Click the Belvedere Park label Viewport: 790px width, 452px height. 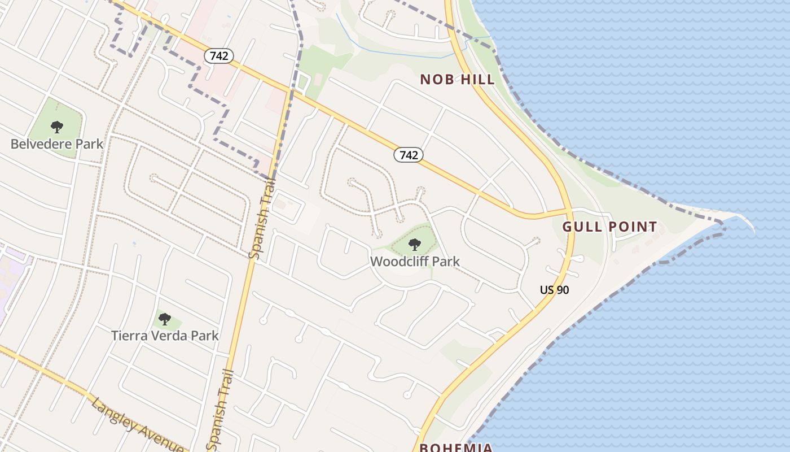pos(57,144)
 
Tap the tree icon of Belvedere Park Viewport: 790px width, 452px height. pos(57,127)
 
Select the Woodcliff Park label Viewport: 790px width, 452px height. pos(415,262)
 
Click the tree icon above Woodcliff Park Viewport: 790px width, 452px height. pos(415,245)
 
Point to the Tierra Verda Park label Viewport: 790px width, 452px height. pos(165,336)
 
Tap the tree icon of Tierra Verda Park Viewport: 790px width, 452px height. pos(165,319)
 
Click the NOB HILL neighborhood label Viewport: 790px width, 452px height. pos(458,79)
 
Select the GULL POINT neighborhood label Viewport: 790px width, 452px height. pos(609,227)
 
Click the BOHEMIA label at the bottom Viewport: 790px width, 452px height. pos(456,447)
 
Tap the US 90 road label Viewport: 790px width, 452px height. pos(554,290)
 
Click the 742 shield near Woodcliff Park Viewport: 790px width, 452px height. pos(409,155)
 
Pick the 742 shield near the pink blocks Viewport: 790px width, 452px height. pos(218,56)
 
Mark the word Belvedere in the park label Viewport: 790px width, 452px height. pos(41,144)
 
